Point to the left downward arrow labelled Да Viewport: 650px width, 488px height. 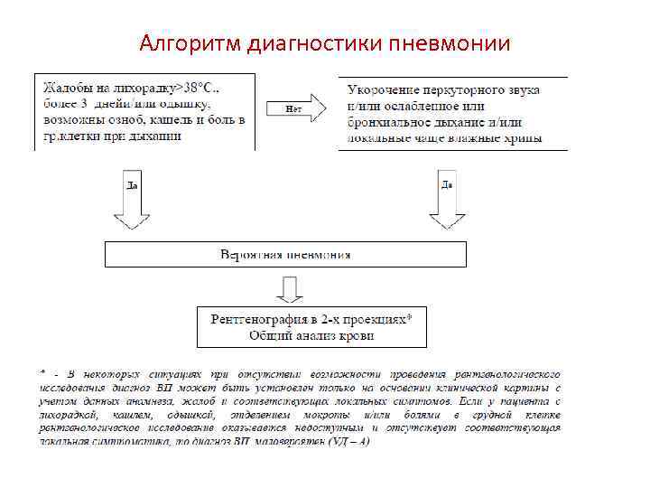click(x=132, y=202)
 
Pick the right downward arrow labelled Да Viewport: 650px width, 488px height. click(x=447, y=202)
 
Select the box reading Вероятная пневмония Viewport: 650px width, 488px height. click(x=285, y=254)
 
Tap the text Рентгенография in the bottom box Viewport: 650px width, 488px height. click(x=263, y=319)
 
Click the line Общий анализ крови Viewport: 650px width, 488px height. click(x=311, y=335)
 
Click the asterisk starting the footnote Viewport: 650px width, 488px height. click(x=42, y=371)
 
